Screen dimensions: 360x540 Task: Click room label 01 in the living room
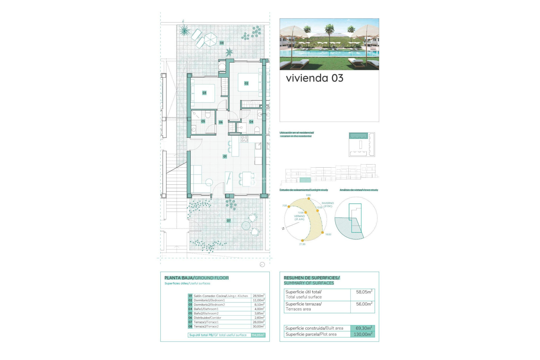[x=225, y=156]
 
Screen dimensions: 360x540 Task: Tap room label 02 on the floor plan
[x=246, y=83]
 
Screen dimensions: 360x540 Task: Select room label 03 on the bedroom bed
[x=204, y=93]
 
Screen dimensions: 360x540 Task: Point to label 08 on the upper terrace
[x=222, y=43]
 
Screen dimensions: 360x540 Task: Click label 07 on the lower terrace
[x=229, y=221]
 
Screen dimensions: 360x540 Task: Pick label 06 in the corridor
[x=221, y=122]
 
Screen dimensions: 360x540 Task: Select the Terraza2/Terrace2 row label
[x=206, y=327]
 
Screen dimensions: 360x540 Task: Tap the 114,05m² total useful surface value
[x=258, y=335]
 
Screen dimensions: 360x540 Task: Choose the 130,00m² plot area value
[x=363, y=334]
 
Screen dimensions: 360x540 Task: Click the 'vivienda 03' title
[x=314, y=78]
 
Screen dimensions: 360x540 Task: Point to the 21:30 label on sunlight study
[x=302, y=244]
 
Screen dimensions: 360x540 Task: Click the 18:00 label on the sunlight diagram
[x=328, y=234]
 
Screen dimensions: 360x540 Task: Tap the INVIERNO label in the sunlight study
[x=328, y=203]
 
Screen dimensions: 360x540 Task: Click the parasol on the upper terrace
[x=210, y=39]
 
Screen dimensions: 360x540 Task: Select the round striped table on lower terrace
[x=246, y=225]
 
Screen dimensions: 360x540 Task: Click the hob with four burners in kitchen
[x=244, y=139]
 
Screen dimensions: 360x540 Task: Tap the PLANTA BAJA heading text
[x=179, y=278]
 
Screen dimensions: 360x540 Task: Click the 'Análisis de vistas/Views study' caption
[x=359, y=190]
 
